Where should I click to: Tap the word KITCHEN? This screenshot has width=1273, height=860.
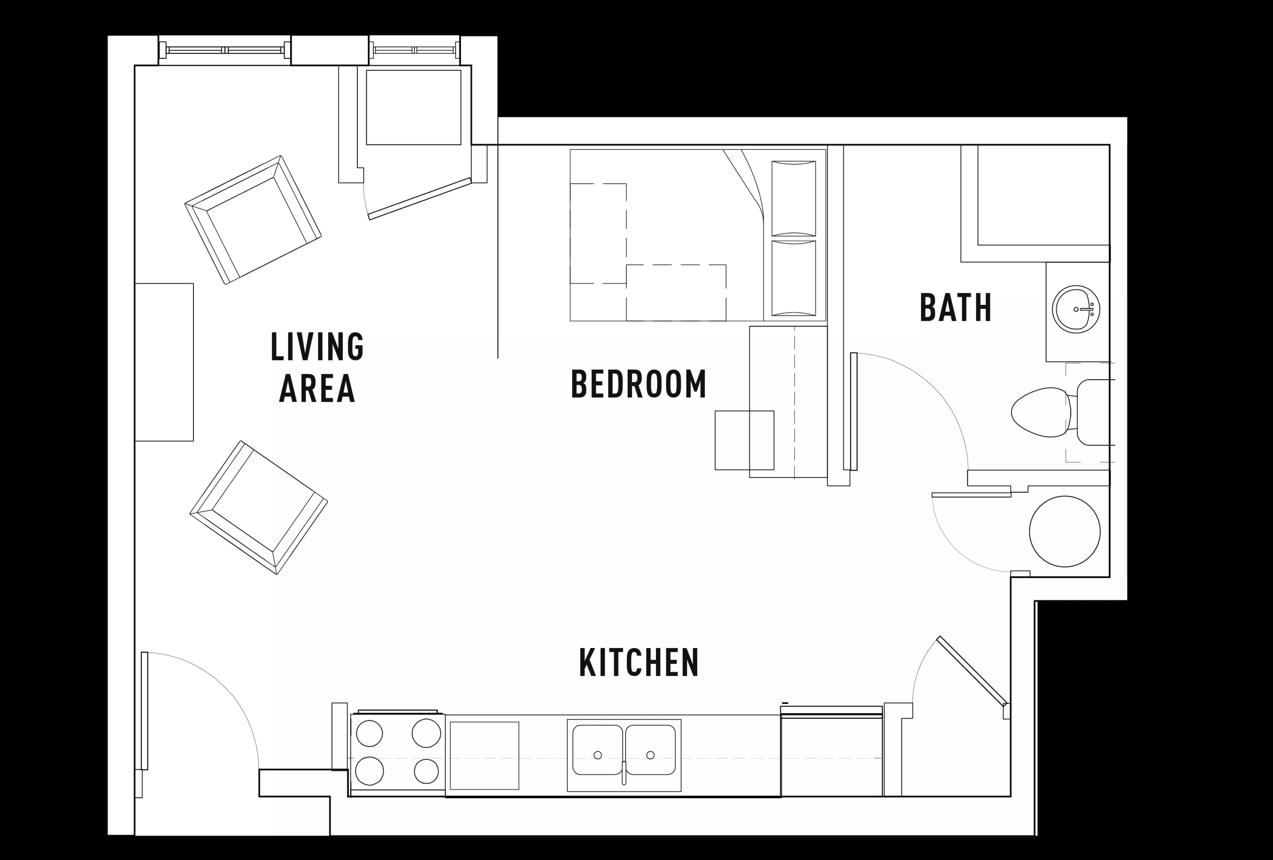pos(639,663)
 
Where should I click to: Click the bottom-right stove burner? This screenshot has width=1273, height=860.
pos(426,771)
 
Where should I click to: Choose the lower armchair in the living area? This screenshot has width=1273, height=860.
pos(258,507)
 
